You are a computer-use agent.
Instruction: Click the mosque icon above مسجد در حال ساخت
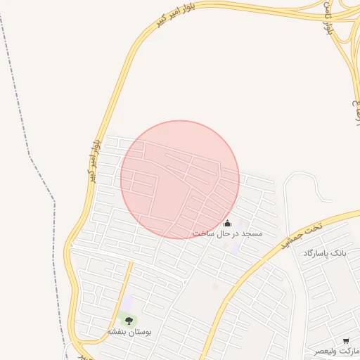(x=226, y=224)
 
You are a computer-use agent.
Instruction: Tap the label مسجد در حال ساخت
(x=227, y=233)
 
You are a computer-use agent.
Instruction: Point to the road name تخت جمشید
(x=300, y=236)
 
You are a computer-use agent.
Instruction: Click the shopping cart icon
(x=345, y=340)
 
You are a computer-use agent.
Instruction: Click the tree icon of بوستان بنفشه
(x=128, y=321)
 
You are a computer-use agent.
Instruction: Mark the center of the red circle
(x=180, y=179)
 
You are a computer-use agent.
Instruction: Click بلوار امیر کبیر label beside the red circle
(x=94, y=160)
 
